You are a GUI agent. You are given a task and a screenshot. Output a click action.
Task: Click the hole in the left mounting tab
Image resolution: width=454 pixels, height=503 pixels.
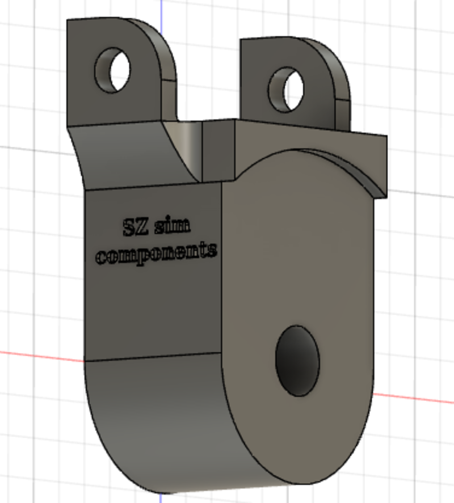[112, 69]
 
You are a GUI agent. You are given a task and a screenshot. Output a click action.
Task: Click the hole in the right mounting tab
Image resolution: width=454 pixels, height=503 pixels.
[285, 89]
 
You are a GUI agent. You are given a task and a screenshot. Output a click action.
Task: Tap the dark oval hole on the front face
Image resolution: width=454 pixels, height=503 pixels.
[297, 361]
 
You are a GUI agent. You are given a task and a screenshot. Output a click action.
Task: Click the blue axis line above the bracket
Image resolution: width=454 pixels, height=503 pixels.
[161, 9]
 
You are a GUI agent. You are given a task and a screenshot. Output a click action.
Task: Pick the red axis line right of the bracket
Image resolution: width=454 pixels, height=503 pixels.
[414, 397]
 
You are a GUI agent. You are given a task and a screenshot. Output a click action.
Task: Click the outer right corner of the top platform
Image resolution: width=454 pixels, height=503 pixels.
[386, 137]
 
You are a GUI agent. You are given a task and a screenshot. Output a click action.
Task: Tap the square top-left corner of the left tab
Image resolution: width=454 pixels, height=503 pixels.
[69, 22]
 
